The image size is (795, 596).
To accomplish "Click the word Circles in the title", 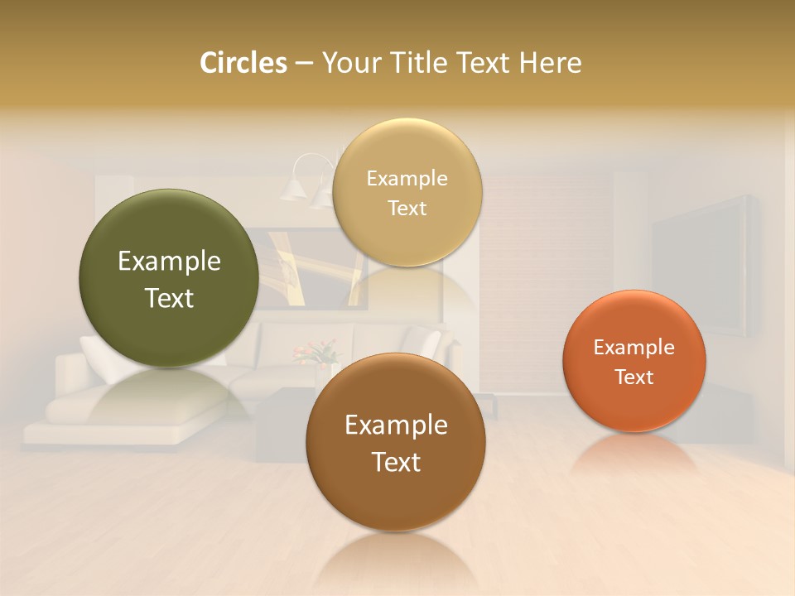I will click(x=243, y=63).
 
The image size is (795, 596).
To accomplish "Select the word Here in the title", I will click(x=550, y=63).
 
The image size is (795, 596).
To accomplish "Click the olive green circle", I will click(x=169, y=278).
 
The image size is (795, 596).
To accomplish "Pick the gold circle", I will click(x=407, y=193).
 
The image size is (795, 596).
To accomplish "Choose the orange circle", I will click(x=634, y=362).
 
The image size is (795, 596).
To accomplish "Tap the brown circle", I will click(x=396, y=443).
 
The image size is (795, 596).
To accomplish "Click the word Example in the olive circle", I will click(x=169, y=262).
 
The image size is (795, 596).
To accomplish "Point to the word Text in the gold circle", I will click(x=407, y=209).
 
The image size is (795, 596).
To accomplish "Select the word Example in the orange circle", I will click(x=634, y=348).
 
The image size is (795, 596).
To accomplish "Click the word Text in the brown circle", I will click(x=396, y=462).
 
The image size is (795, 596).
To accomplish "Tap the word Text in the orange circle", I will click(x=634, y=377).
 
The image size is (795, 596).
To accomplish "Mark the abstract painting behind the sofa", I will click(x=306, y=265).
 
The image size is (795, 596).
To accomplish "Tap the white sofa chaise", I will click(x=116, y=414).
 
